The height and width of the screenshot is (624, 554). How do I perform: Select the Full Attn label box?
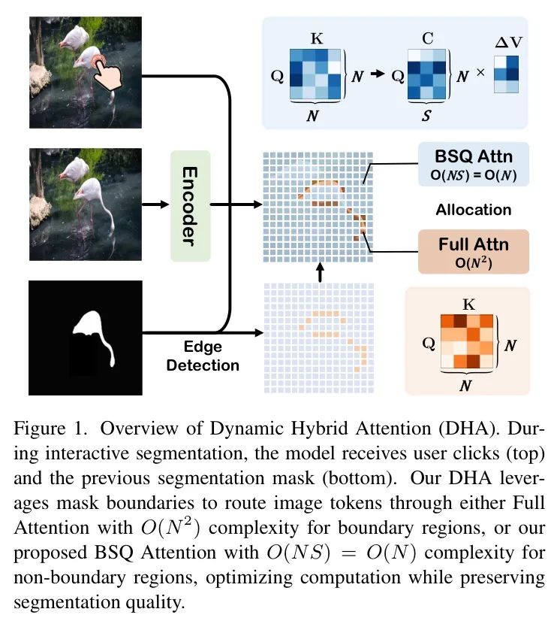[473, 251]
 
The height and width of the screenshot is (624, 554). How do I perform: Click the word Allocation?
[473, 210]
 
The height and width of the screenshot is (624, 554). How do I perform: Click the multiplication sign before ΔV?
[480, 74]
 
